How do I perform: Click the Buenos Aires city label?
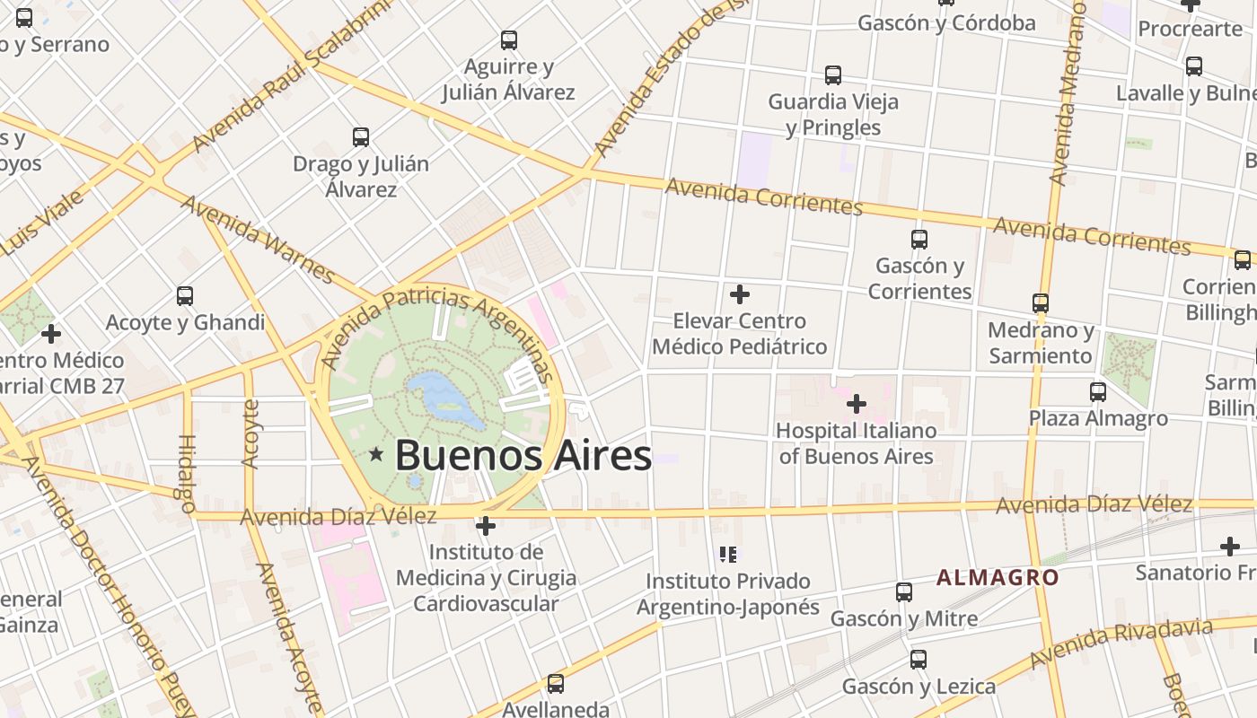tap(523, 455)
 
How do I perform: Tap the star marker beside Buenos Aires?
tap(376, 455)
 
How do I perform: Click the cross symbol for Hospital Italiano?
tap(857, 404)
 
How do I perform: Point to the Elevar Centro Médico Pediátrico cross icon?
tap(740, 294)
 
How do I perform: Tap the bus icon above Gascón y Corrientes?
tap(919, 240)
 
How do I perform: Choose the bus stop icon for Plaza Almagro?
tap(1098, 392)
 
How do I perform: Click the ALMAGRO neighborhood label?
tap(998, 577)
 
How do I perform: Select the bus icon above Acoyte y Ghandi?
tap(185, 296)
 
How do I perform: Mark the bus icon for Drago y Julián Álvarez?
tap(361, 137)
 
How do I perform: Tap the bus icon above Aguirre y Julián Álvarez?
tap(509, 40)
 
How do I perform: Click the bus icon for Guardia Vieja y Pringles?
tap(833, 75)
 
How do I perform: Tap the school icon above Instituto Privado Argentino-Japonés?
tap(728, 555)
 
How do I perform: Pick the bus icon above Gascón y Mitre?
tap(904, 592)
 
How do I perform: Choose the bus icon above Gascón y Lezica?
tap(919, 661)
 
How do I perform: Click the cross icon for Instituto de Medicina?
tap(486, 525)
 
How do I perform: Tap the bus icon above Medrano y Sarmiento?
tap(1041, 303)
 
